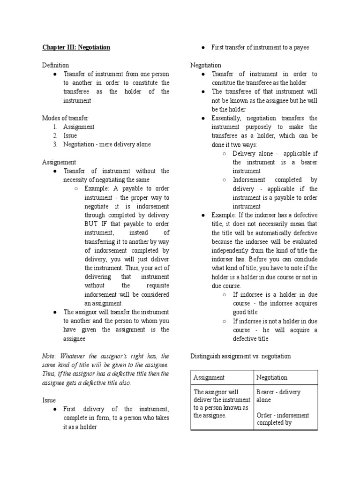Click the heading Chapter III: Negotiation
point(76,47)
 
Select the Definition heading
point(55,65)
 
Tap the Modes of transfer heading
point(65,118)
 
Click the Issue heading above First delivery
point(49,400)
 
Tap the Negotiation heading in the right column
point(205,65)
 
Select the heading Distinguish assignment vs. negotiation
point(240,356)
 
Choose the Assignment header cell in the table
point(209,377)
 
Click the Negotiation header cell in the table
point(272,377)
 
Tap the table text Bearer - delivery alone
point(278,396)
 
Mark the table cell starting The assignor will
point(221,404)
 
